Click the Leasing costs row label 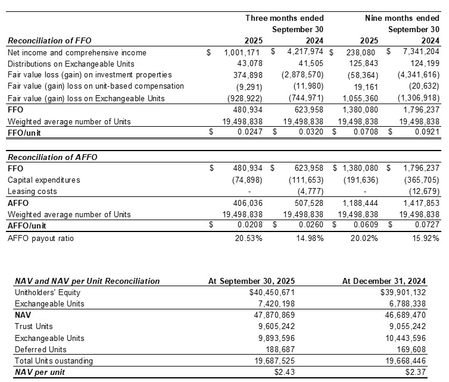pos(33,191)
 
